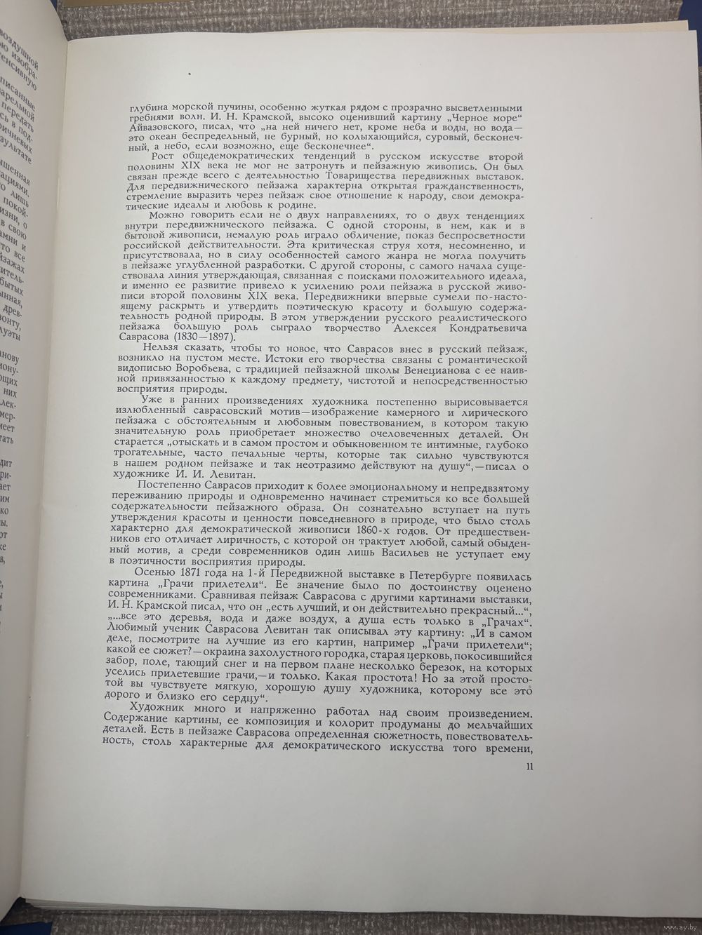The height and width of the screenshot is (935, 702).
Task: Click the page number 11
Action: coord(530,765)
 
